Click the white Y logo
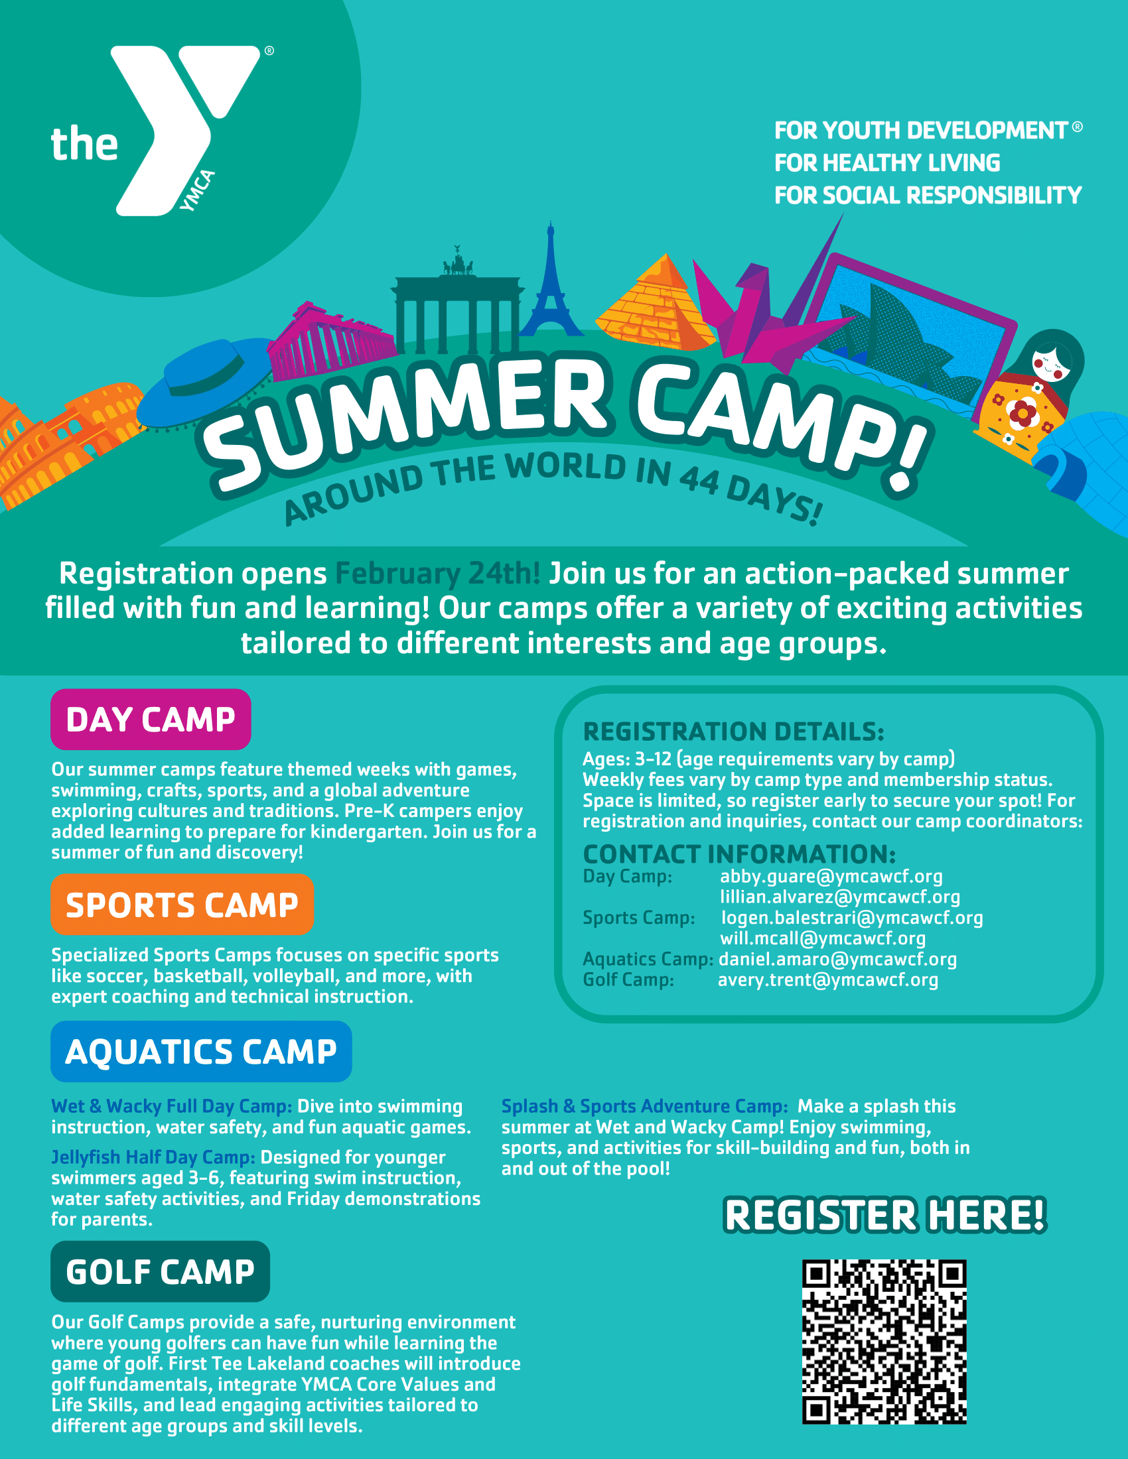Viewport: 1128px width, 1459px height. [x=167, y=130]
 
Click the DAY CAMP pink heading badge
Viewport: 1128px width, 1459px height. [x=151, y=720]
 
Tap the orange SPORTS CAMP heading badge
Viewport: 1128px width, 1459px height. [x=182, y=905]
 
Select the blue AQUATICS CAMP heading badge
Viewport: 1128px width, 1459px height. [x=201, y=1052]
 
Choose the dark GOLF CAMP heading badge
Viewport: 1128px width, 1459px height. [x=161, y=1271]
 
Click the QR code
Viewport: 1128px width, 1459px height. [x=884, y=1342]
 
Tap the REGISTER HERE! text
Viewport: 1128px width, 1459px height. [x=884, y=1214]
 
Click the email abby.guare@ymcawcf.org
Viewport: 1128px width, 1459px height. [x=831, y=877]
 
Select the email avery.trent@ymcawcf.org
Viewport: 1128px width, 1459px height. [x=828, y=980]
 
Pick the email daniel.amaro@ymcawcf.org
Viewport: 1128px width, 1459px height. [x=838, y=960]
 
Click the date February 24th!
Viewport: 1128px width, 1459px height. [x=438, y=574]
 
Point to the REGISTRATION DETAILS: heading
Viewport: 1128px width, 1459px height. [x=734, y=731]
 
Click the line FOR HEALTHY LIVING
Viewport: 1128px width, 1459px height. [x=887, y=163]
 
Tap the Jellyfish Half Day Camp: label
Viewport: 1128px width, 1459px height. [x=153, y=1157]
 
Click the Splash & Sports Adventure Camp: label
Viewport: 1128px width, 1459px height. [x=645, y=1106]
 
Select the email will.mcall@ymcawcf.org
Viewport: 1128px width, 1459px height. [x=823, y=938]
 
